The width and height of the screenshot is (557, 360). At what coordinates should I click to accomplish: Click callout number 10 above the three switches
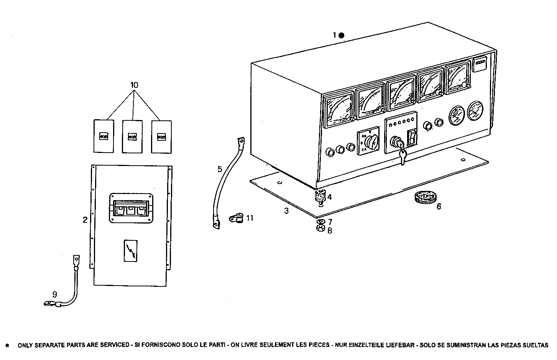point(134,85)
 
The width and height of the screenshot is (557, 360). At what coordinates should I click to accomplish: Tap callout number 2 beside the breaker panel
point(85,220)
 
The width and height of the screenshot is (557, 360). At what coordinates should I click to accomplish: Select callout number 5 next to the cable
point(219,169)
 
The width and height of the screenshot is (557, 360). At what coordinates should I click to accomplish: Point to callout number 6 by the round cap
point(439,207)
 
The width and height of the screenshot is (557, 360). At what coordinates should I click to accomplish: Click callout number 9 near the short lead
point(54,294)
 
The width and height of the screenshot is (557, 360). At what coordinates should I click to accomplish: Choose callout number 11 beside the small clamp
point(250,218)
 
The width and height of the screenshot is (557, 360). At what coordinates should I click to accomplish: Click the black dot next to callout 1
point(342,35)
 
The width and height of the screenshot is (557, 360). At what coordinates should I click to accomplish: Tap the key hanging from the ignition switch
point(402,156)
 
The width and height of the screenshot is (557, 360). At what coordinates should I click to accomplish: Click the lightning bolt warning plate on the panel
point(130,251)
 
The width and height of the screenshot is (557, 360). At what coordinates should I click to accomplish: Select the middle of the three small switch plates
point(132,136)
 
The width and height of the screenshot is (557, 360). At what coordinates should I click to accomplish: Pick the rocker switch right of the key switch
point(412,138)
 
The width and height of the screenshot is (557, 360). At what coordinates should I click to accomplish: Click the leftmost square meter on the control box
point(339,110)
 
